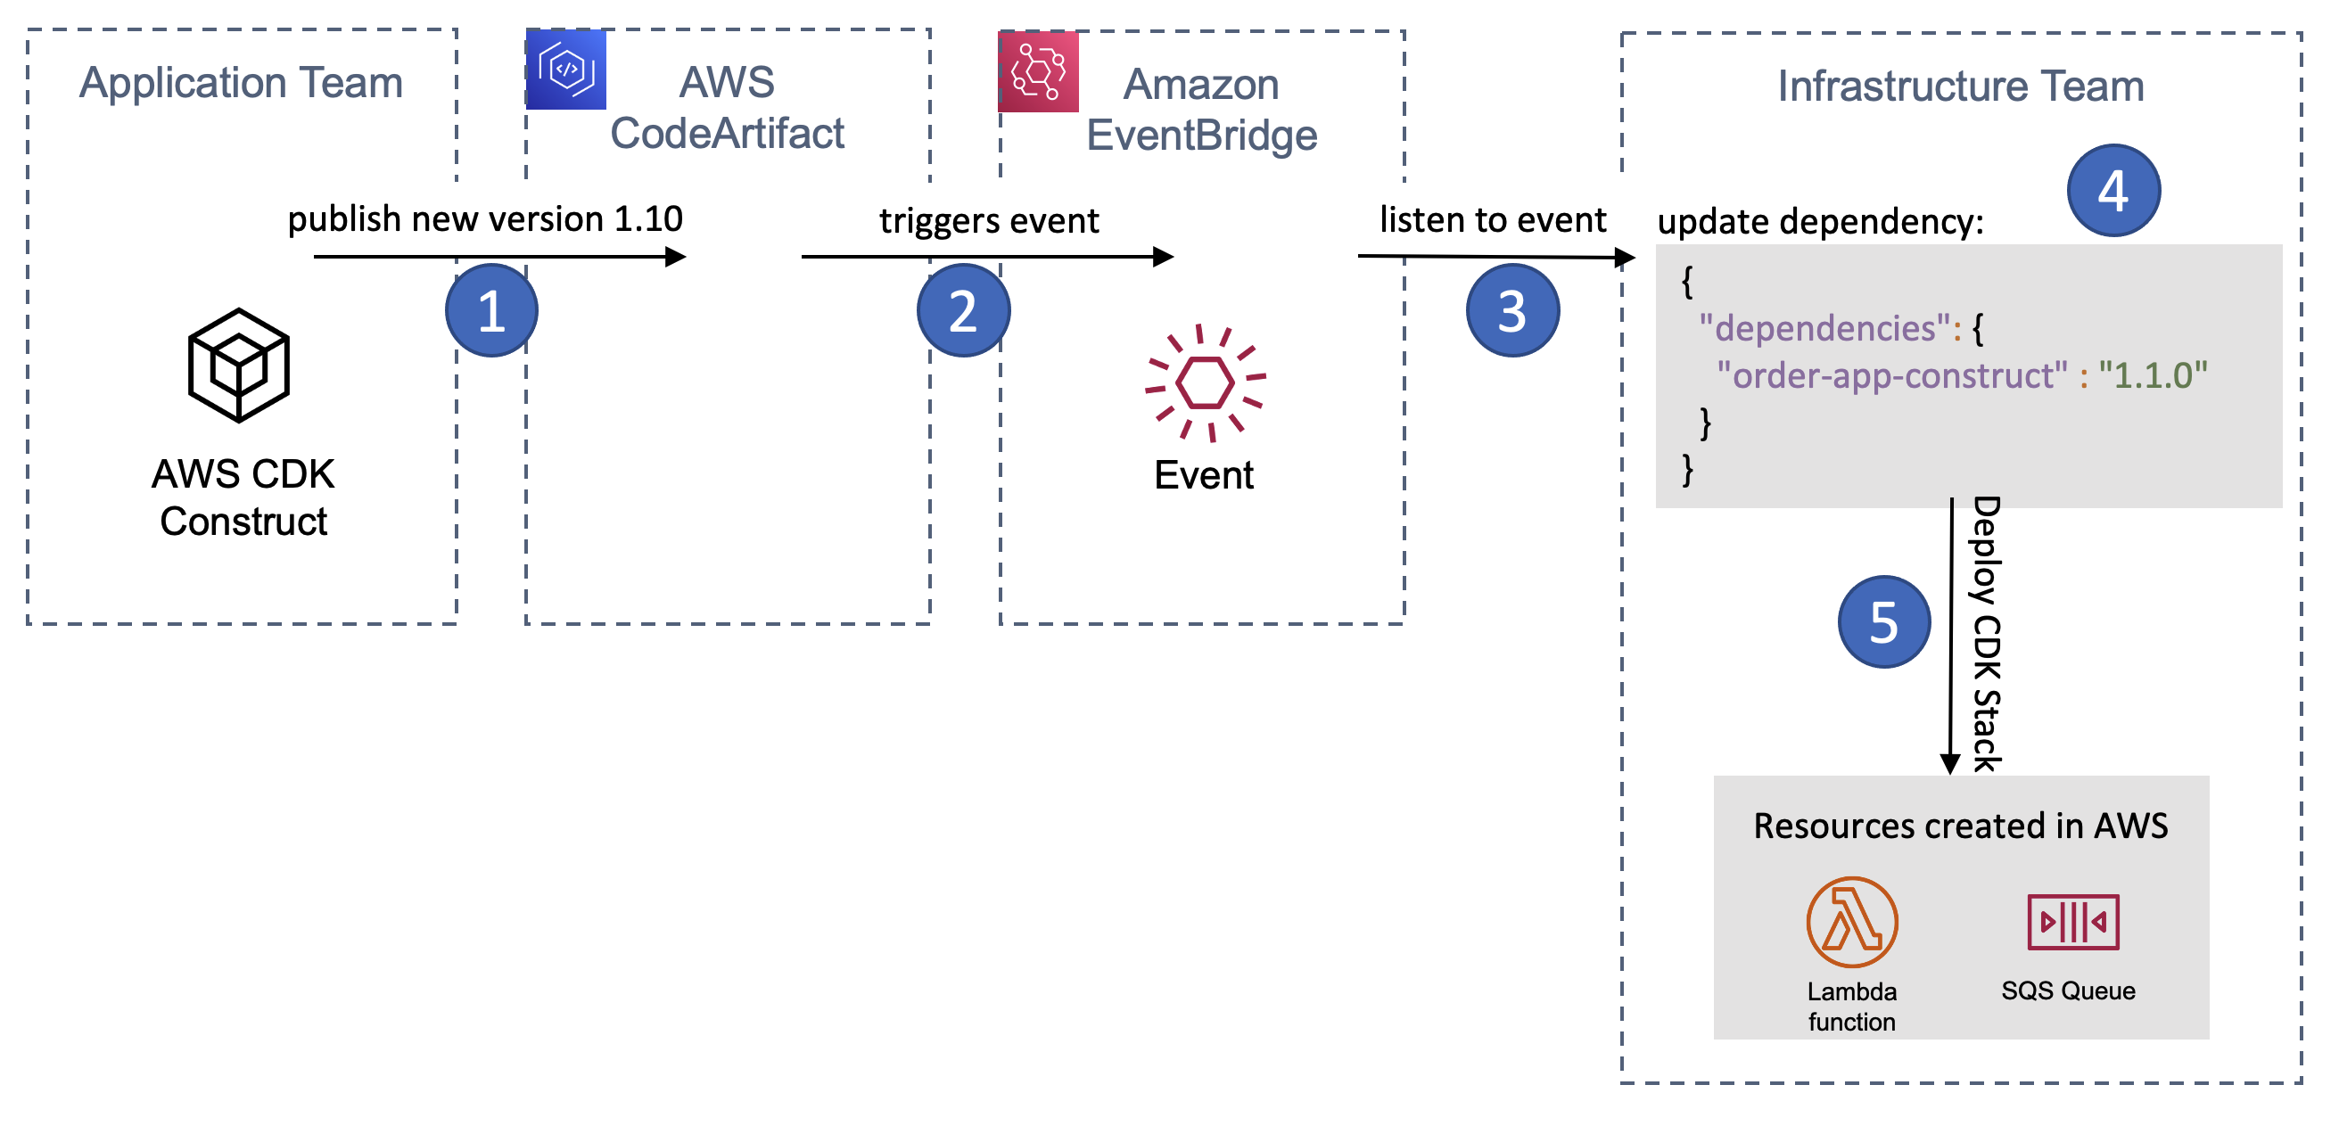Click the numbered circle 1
[x=491, y=310]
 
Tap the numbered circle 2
[x=962, y=310]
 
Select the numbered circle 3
[x=1511, y=310]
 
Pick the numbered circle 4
[x=2113, y=191]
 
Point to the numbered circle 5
[x=1883, y=622]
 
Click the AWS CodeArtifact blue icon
[x=565, y=70]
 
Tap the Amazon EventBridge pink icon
[x=1038, y=71]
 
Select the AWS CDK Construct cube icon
[x=239, y=365]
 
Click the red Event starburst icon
[x=1204, y=382]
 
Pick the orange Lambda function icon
[x=1851, y=922]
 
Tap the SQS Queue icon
[x=2072, y=922]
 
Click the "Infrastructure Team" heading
[x=1959, y=86]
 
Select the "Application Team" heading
[x=241, y=83]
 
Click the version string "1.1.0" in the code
[x=2152, y=375]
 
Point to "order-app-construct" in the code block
[x=1891, y=375]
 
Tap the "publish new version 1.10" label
[x=485, y=218]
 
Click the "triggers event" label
[x=988, y=221]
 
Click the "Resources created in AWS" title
[x=1959, y=826]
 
